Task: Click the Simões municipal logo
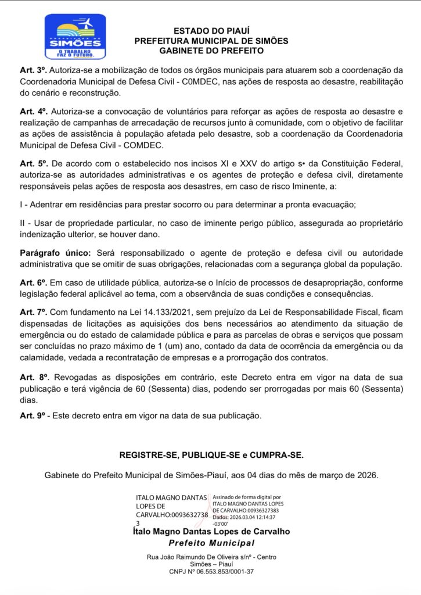click(75, 37)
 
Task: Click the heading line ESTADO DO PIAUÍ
click(211, 31)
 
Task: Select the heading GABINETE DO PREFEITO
click(211, 51)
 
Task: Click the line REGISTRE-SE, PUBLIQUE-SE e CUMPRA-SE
click(211, 454)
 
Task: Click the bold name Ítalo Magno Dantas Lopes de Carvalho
click(211, 532)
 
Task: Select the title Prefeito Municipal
click(211, 543)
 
